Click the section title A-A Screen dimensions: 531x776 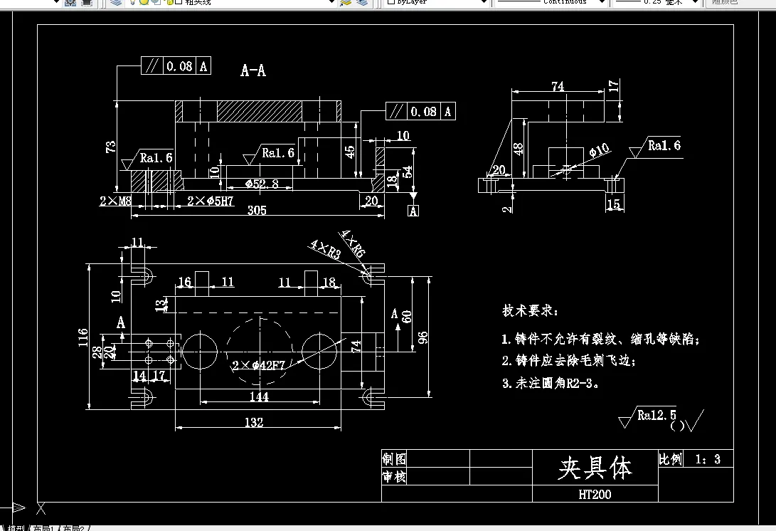[253, 70]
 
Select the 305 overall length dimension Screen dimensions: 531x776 [257, 211]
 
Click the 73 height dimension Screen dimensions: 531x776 [111, 147]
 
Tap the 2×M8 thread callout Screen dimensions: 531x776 [115, 201]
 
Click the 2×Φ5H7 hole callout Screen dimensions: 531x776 [211, 201]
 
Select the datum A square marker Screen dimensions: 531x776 [413, 211]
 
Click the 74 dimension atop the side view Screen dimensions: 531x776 [558, 86]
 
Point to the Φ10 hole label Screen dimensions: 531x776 [600, 150]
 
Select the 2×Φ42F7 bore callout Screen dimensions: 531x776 [258, 366]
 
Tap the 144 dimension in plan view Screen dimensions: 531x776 [259, 396]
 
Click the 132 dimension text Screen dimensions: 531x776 [253, 423]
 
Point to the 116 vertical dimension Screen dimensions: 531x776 [83, 336]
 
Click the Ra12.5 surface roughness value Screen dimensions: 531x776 [657, 415]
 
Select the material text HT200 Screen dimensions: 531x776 [595, 494]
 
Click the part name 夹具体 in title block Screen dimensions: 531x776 [595, 468]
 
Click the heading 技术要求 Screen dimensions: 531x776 [530, 311]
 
